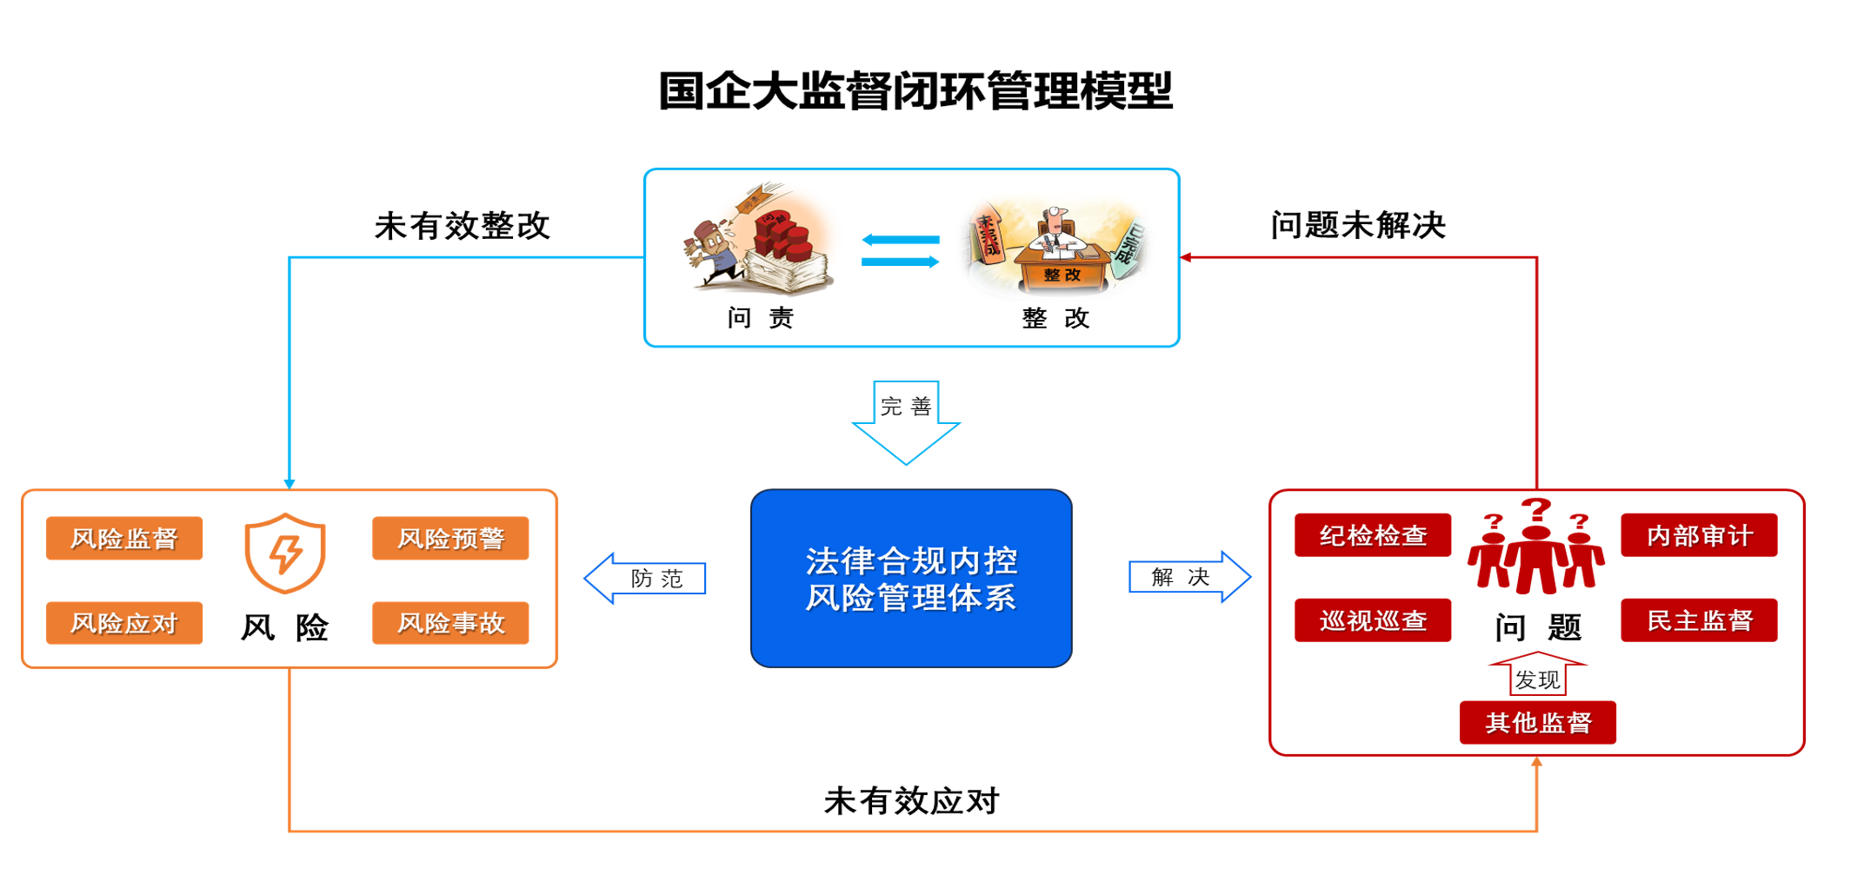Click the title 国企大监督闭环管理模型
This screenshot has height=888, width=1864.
click(x=915, y=91)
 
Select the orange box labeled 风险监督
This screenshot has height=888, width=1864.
click(x=124, y=539)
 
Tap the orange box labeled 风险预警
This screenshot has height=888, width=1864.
click(x=450, y=539)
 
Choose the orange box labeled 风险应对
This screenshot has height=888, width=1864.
click(x=124, y=623)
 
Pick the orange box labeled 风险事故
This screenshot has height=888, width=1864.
click(x=450, y=623)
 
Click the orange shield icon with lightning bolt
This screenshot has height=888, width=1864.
click(x=285, y=553)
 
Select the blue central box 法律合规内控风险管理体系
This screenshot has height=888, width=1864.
click(x=910, y=579)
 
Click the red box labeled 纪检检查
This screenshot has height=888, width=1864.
click(x=1372, y=535)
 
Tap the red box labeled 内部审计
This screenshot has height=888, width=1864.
click(x=1698, y=535)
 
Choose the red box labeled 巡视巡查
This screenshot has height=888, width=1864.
click(x=1372, y=620)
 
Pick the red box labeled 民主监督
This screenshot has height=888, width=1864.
click(x=1698, y=620)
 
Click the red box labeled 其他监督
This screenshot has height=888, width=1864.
click(x=1537, y=723)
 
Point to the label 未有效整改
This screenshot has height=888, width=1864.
click(x=462, y=226)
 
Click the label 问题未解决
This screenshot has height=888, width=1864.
click(x=1358, y=225)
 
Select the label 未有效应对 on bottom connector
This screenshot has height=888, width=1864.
click(x=911, y=800)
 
